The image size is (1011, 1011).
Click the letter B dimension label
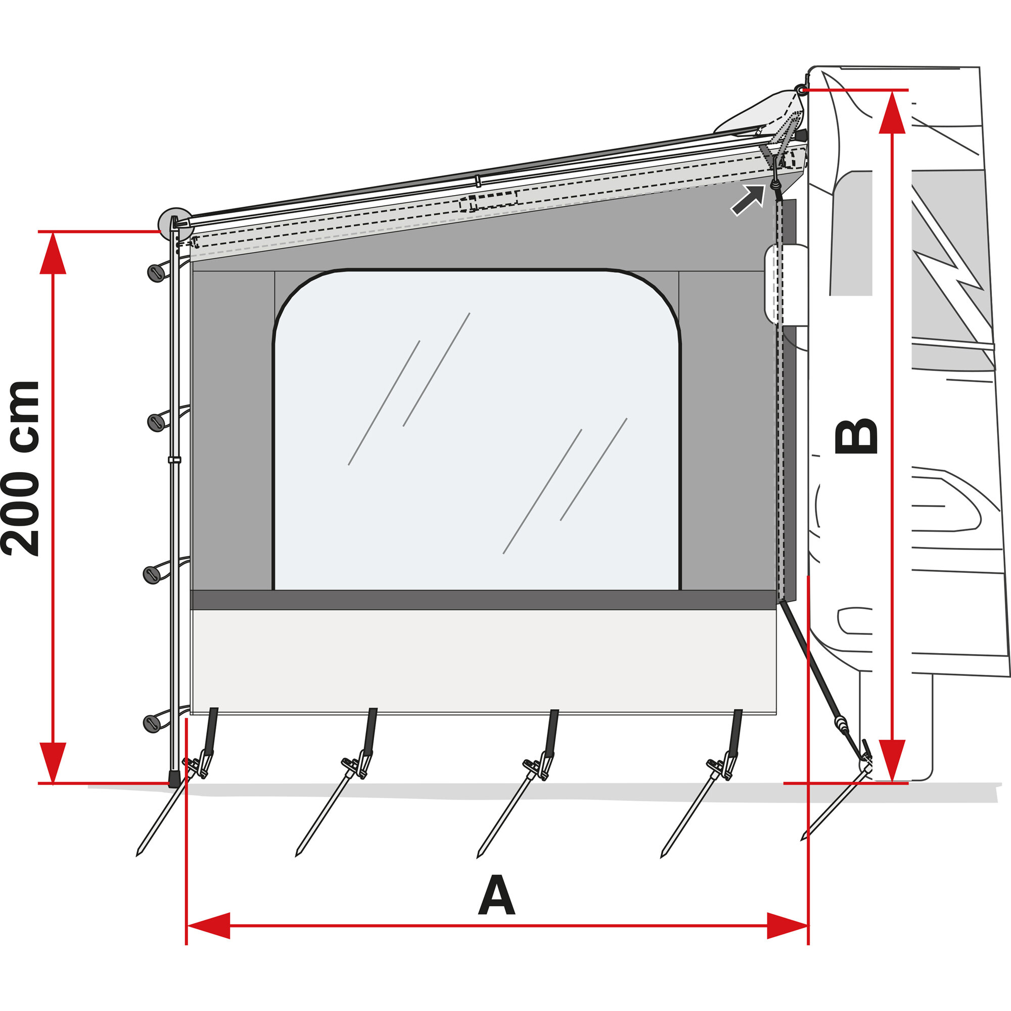(x=857, y=436)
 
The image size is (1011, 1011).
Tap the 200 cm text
(x=21, y=469)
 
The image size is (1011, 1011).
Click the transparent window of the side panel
(x=476, y=429)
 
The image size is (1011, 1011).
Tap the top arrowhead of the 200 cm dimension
(x=53, y=253)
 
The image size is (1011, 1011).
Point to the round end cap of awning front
(x=174, y=221)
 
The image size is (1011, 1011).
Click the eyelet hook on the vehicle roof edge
(x=801, y=90)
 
